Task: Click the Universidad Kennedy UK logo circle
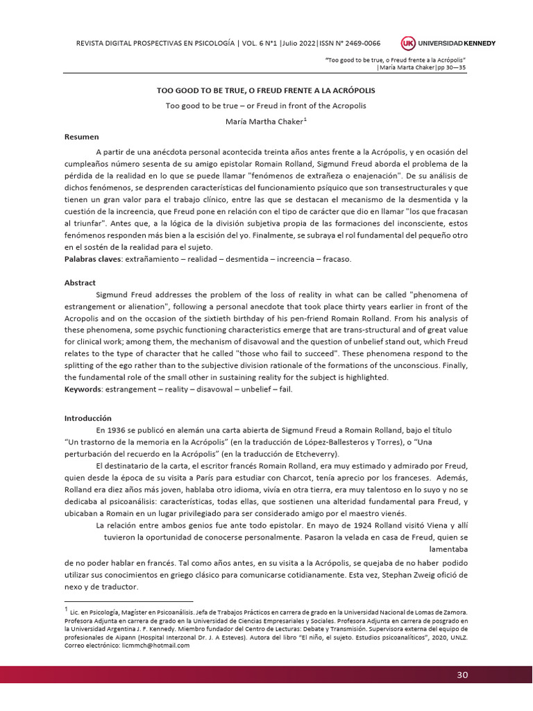click(x=408, y=43)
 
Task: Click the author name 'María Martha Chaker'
click(x=266, y=121)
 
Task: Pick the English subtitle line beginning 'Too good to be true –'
click(x=265, y=106)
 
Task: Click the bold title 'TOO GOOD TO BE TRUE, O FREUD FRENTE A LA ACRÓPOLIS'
click(x=266, y=91)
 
